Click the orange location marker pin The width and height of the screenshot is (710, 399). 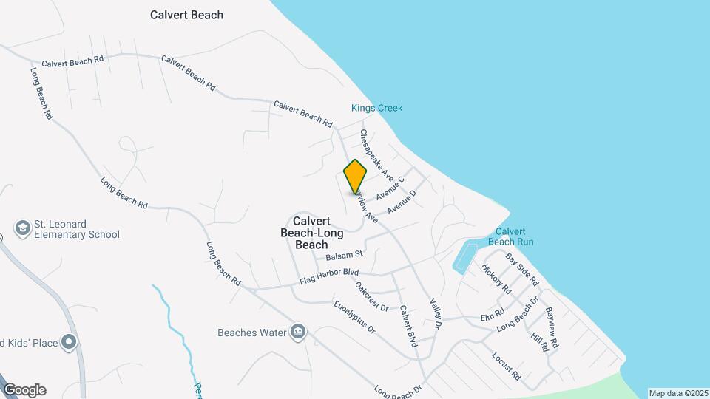[x=355, y=175]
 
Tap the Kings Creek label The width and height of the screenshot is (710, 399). [x=376, y=108]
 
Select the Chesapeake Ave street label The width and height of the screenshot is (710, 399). [x=376, y=154]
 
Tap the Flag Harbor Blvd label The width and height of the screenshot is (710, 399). [x=329, y=278]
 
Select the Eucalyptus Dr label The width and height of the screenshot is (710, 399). [x=355, y=317]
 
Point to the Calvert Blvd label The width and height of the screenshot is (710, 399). [x=408, y=326]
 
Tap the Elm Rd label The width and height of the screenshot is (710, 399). [x=492, y=317]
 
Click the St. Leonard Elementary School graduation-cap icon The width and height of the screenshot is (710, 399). [x=22, y=228]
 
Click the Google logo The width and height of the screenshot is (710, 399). [x=24, y=389]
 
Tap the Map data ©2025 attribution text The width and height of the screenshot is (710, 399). [x=678, y=393]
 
